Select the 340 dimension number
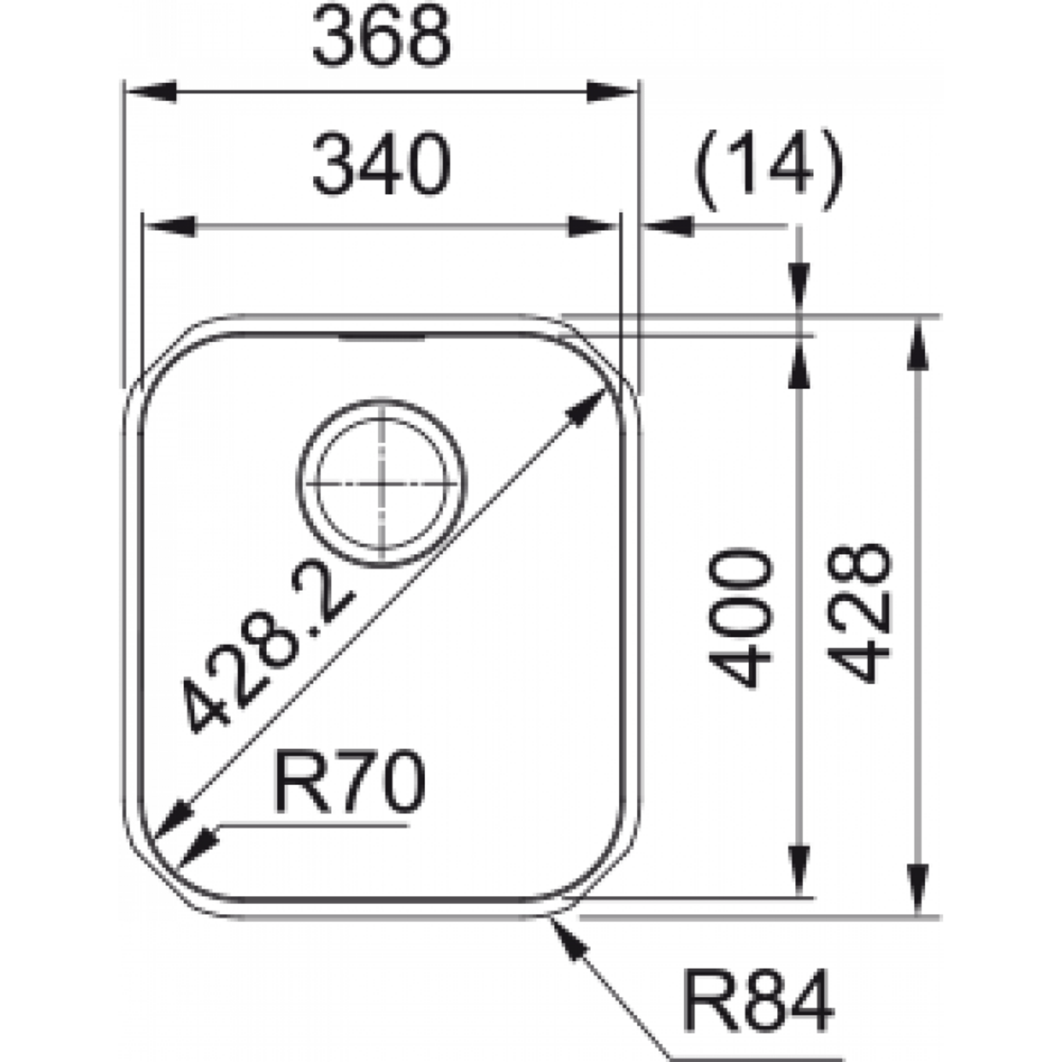(381, 163)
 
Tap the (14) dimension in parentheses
(768, 170)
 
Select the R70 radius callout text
(349, 781)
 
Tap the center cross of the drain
(382, 484)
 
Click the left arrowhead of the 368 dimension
(151, 91)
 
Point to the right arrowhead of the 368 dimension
(611, 91)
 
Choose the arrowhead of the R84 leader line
(569, 940)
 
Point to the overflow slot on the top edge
(381, 337)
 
